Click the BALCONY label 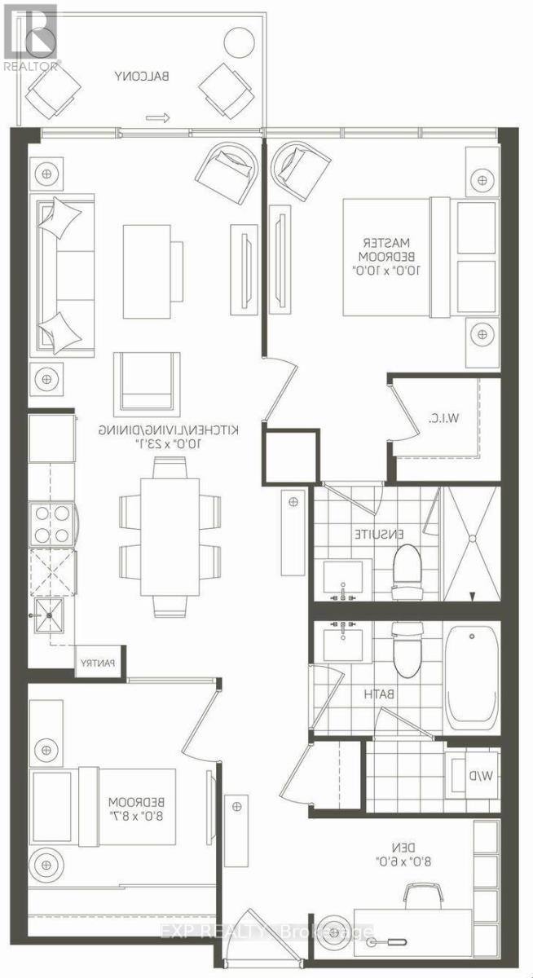point(143,77)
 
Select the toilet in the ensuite point(405,563)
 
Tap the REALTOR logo point(29,37)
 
